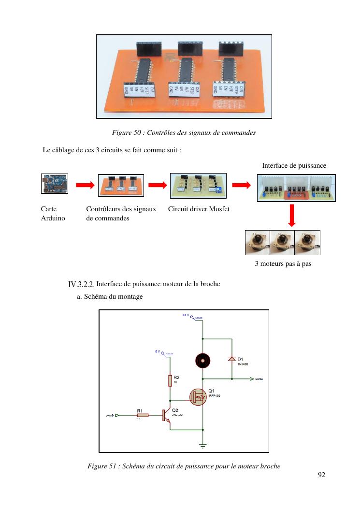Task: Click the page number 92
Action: coord(321,475)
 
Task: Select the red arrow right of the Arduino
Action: coord(83,185)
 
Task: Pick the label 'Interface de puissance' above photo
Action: coord(294,166)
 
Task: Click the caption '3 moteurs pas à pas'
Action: coord(283,264)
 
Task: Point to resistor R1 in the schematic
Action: coord(140,414)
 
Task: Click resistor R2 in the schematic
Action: coord(170,380)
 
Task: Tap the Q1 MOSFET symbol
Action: coord(197,396)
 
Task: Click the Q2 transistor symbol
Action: coord(166,415)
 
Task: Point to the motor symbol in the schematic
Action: coord(202,360)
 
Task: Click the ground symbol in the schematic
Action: coord(202,445)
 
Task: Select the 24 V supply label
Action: coord(186,315)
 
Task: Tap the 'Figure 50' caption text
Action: coord(184,132)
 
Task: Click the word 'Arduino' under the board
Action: coord(53,218)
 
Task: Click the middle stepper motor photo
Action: coord(283,243)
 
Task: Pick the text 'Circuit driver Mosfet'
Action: coord(199,209)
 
